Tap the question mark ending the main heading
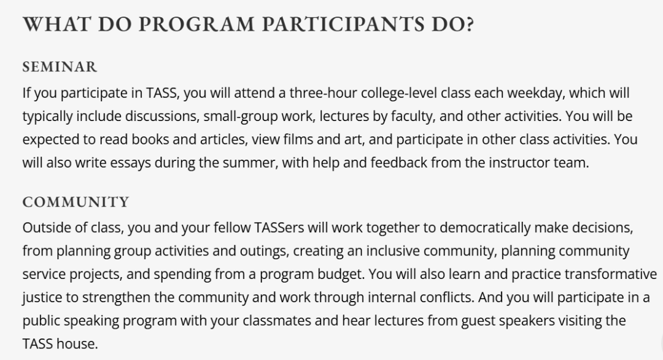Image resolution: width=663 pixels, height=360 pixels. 469,24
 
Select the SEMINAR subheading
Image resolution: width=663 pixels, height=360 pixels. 60,67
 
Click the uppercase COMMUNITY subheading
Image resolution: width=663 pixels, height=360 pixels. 76,202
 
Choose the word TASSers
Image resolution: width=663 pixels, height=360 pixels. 279,227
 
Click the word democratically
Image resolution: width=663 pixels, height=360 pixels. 485,228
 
